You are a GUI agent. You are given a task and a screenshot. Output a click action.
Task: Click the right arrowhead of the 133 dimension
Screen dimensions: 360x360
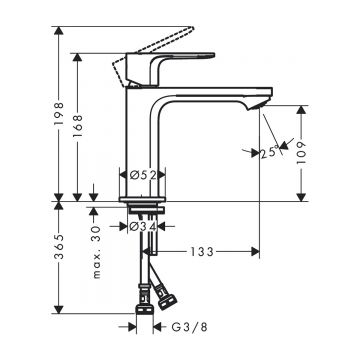point(258,251)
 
